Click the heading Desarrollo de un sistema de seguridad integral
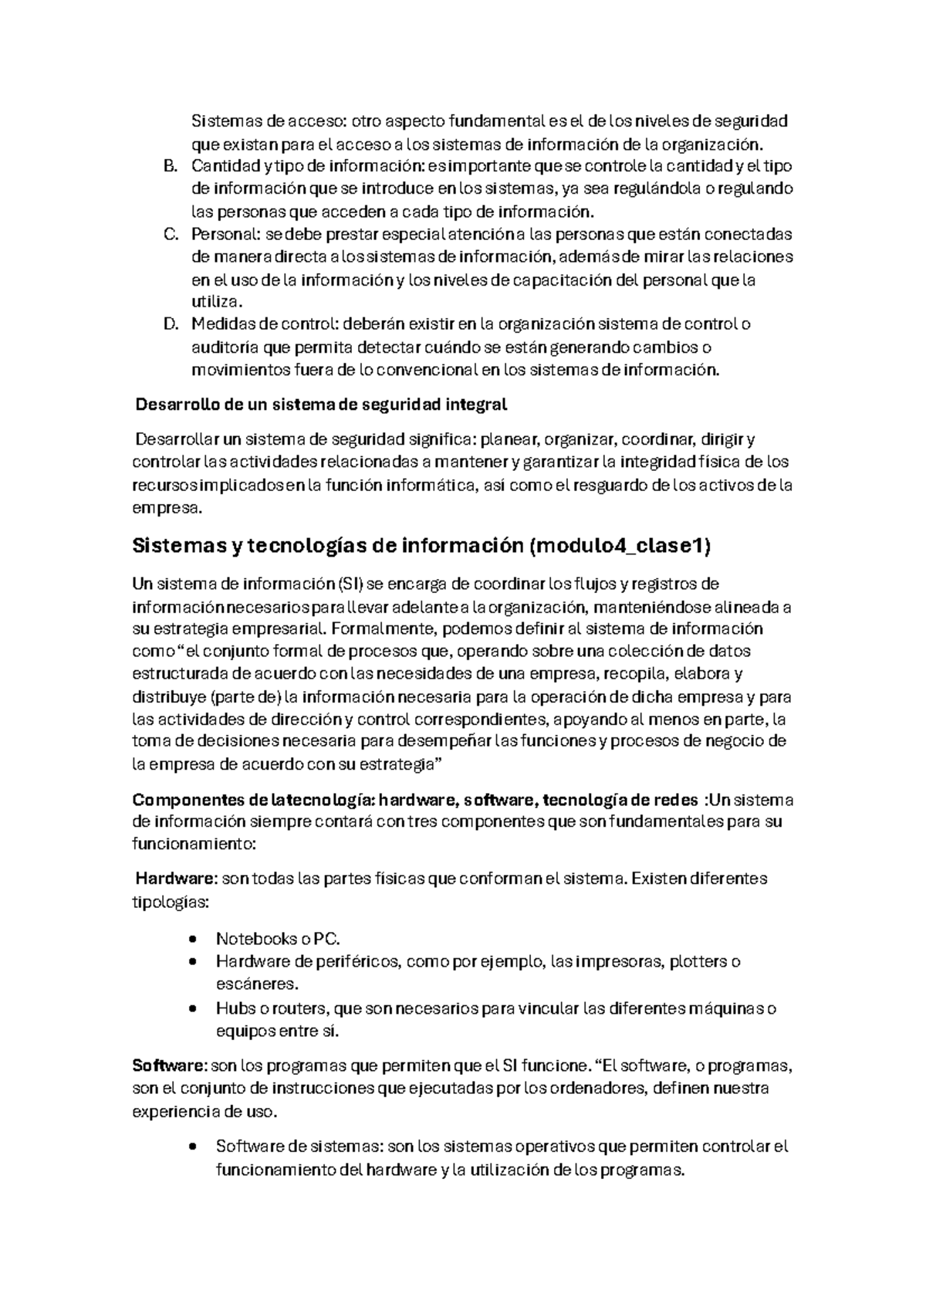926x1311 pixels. pyautogui.click(x=321, y=405)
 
